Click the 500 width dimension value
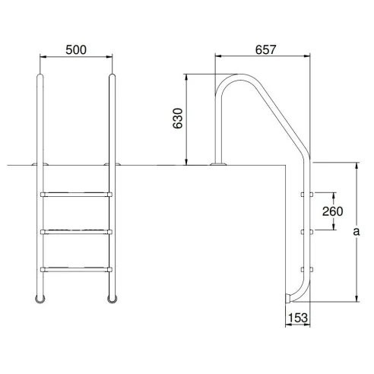coord(76,49)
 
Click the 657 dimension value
coord(263,49)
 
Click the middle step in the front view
coord(76,231)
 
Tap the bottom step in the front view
coord(76,268)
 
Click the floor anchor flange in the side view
coord(219,163)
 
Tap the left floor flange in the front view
coord(38,163)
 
